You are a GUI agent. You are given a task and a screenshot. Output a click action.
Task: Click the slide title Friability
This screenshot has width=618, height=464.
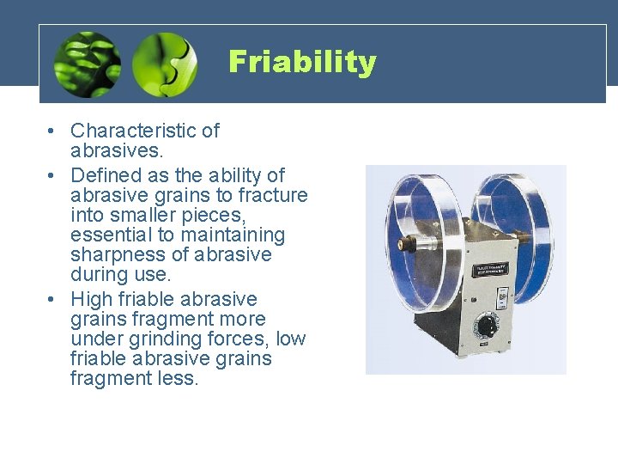(302, 62)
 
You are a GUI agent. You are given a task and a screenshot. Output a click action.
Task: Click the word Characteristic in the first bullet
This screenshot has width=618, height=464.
(133, 131)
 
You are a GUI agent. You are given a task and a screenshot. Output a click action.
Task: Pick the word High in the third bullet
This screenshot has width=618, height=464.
(90, 299)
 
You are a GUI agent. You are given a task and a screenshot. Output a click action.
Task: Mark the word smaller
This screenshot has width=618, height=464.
(136, 215)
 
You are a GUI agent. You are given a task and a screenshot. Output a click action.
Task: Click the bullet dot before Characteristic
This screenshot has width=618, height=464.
(52, 131)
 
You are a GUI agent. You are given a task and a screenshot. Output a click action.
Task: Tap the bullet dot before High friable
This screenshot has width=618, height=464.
(52, 300)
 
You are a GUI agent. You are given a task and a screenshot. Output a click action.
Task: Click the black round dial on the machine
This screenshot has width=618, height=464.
(487, 327)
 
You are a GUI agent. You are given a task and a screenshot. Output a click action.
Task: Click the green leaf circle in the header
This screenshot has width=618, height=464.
(86, 64)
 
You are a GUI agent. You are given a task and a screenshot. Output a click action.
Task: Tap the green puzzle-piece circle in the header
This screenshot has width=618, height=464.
(164, 64)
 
